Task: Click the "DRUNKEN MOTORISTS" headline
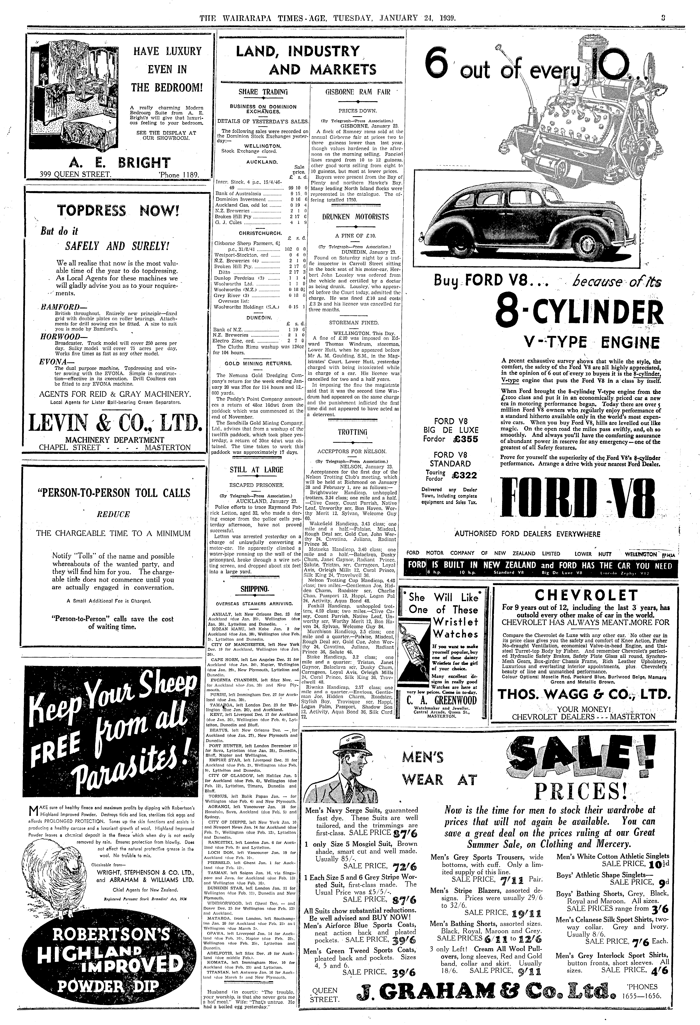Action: (355, 217)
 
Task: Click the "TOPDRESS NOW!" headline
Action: (118, 211)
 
